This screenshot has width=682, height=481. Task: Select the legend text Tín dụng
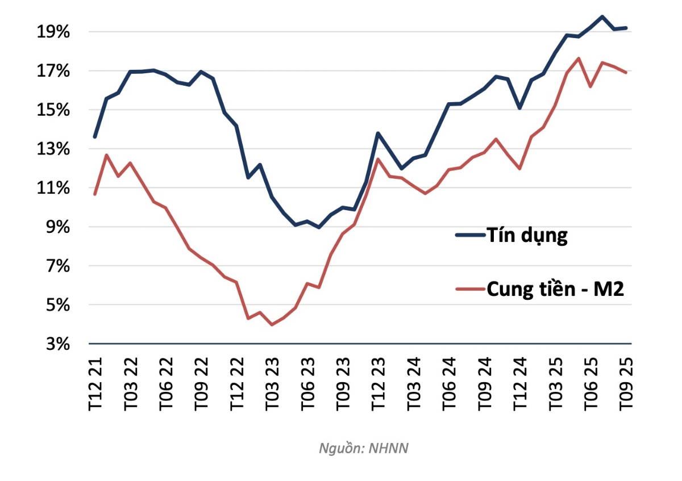click(x=526, y=235)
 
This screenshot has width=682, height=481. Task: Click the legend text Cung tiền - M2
click(x=555, y=289)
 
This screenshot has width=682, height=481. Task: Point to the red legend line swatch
click(x=469, y=289)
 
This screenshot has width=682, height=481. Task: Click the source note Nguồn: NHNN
click(x=364, y=448)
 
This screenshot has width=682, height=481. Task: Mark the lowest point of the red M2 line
click(x=272, y=325)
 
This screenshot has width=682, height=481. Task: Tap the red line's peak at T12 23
click(x=378, y=158)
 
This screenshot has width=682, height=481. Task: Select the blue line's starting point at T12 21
click(x=95, y=137)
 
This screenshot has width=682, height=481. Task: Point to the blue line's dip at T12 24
click(x=519, y=108)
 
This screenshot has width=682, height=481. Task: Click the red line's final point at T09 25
click(x=626, y=72)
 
